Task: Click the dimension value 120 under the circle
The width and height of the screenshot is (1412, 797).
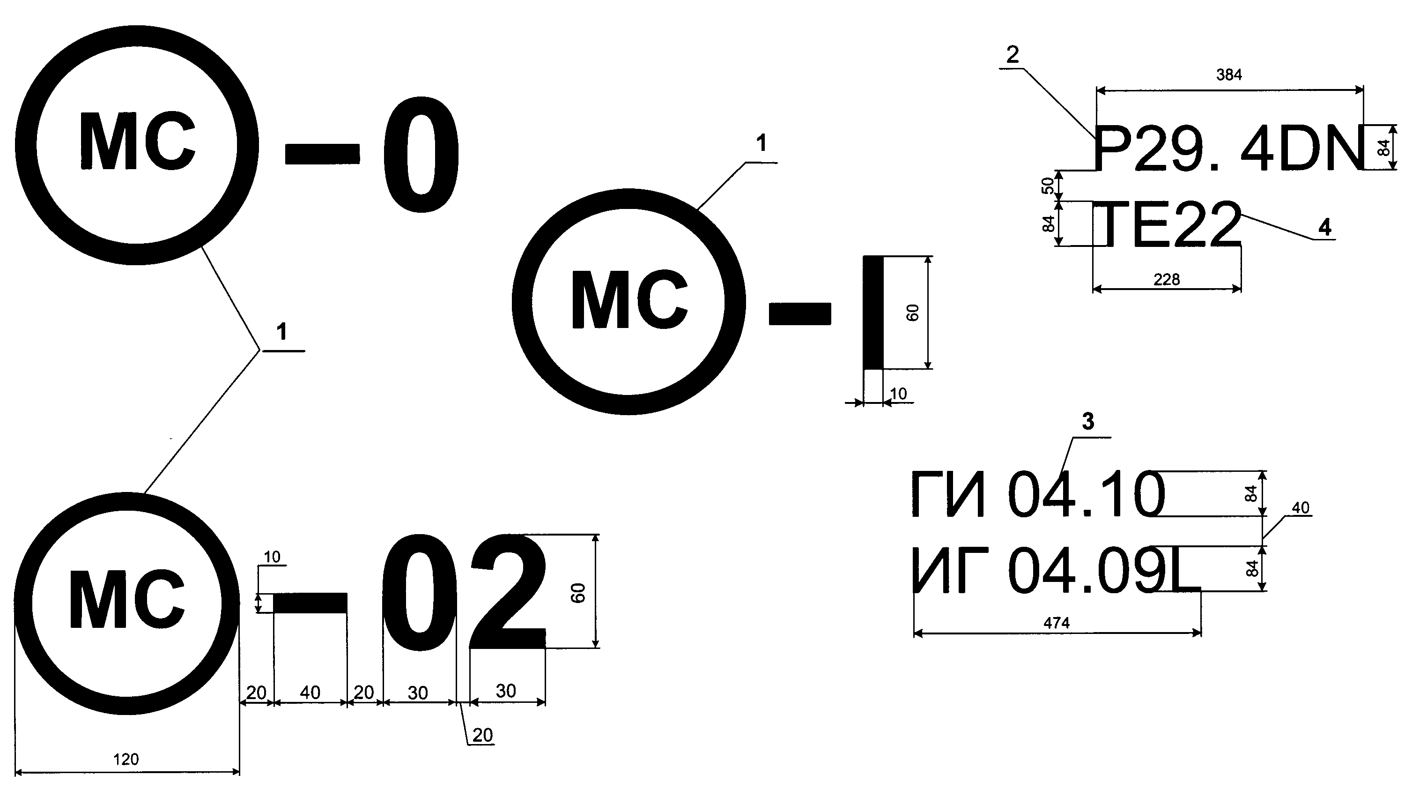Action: (126, 759)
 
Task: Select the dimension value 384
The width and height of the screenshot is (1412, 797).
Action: (1229, 74)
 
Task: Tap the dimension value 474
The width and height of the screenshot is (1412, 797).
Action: (1056, 623)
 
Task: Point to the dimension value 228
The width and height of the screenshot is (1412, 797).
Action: (1167, 280)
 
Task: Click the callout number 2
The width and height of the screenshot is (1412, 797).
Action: (1013, 55)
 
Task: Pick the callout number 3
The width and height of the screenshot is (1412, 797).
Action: (1088, 422)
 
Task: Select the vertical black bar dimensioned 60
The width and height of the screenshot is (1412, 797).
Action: (873, 312)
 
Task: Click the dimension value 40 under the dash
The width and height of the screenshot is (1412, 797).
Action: (310, 693)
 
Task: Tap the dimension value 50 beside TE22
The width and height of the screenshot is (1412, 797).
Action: (1048, 186)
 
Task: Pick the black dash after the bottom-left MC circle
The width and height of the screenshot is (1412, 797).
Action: (310, 603)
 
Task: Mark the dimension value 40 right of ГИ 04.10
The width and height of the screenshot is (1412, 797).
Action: (1300, 508)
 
